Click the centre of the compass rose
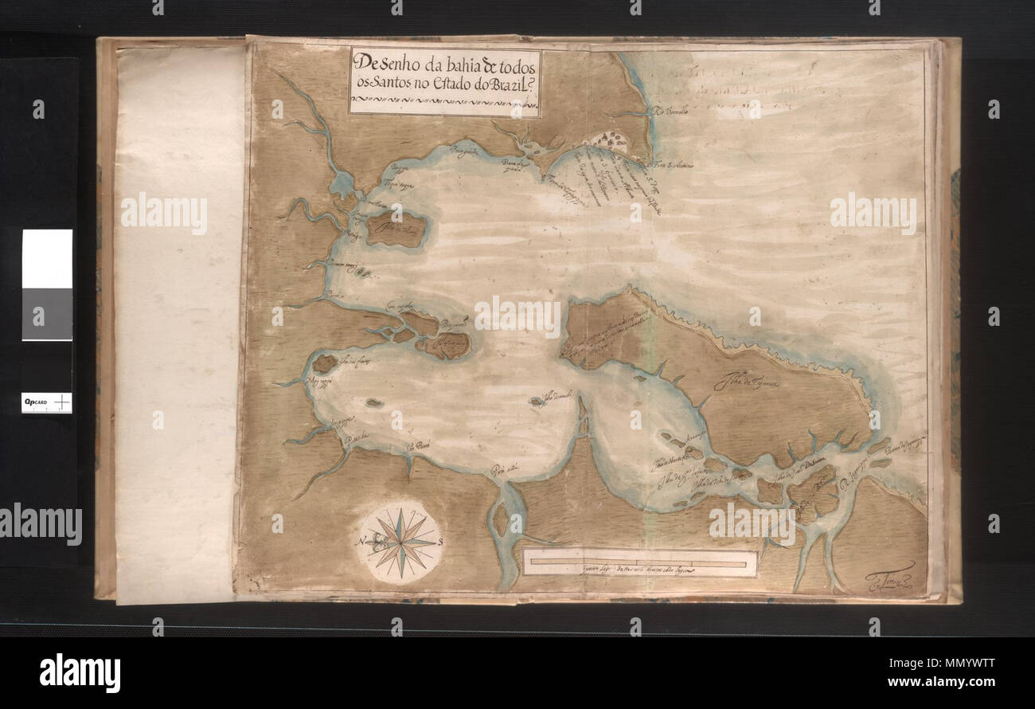400,543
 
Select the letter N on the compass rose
364,542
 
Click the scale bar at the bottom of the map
640,562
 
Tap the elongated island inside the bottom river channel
500,519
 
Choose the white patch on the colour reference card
47,258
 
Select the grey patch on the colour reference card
47,314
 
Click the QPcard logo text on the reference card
34,403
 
